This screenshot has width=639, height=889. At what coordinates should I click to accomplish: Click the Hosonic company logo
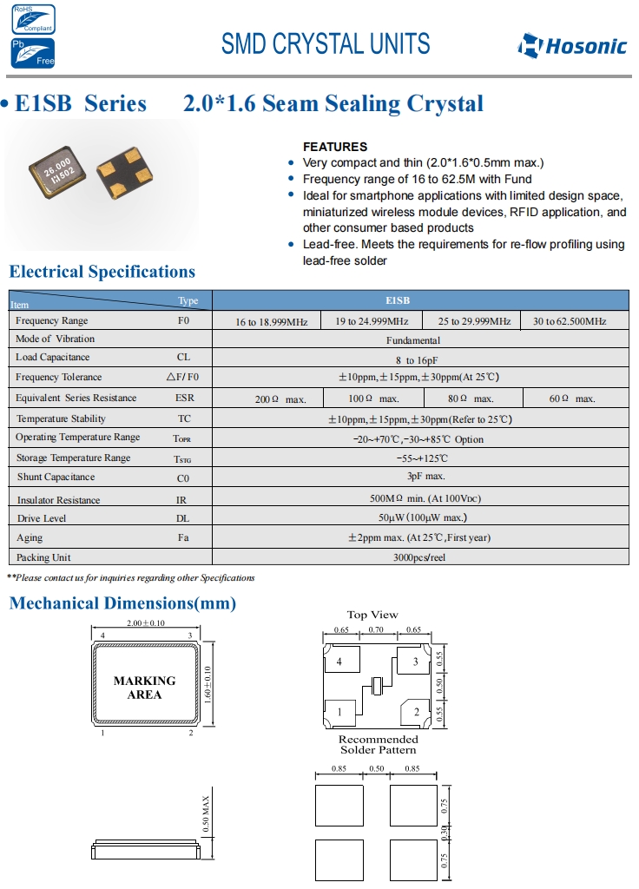572,44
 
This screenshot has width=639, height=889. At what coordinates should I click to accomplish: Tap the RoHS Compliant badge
32,18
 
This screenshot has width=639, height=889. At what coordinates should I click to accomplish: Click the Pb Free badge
32,53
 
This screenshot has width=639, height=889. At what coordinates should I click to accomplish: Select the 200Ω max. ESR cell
280,398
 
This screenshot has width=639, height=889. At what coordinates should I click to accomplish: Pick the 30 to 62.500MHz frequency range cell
570,321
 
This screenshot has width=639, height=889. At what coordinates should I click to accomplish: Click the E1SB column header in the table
422,300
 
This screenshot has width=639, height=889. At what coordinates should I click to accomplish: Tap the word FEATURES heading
334,147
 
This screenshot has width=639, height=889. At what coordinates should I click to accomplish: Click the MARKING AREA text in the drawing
144,688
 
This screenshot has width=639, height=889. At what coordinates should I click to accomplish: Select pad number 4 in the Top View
339,662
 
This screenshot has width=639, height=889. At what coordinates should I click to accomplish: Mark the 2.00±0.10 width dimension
145,624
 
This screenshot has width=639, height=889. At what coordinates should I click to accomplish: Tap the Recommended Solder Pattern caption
378,744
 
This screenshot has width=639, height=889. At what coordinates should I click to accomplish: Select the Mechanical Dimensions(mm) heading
122,603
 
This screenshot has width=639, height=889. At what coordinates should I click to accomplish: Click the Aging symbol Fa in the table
183,537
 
